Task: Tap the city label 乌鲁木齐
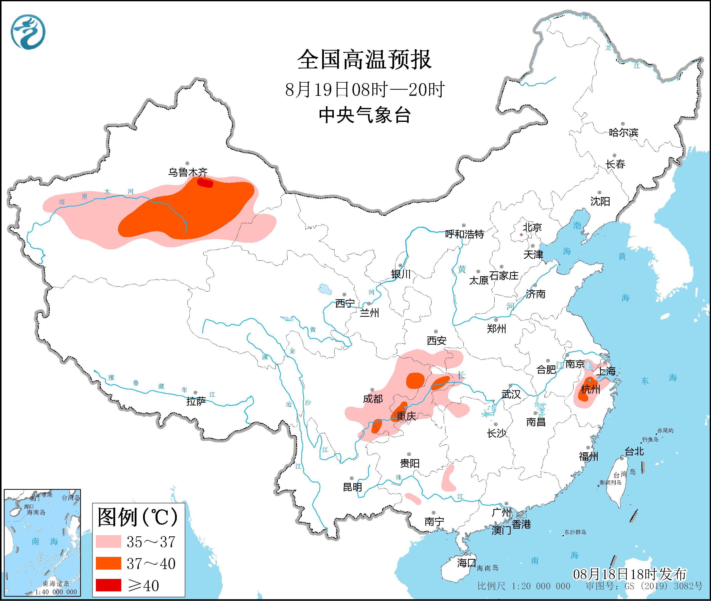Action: point(187,172)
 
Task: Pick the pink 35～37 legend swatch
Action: point(108,541)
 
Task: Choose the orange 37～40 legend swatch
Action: point(108,563)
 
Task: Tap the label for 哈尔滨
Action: point(623,133)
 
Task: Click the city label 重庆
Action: point(406,416)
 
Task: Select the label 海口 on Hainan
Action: point(466,562)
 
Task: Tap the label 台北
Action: point(634,452)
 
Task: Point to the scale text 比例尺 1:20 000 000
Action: point(524,586)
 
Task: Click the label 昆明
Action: point(352,487)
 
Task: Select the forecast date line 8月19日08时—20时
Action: point(364,90)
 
